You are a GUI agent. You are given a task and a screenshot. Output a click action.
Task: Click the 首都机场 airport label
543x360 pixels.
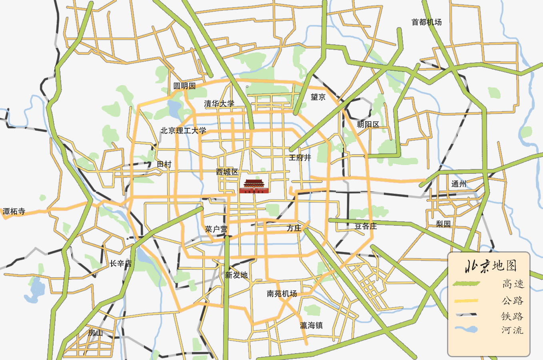point(426,22)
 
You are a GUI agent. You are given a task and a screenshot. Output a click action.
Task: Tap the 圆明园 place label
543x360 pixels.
point(184,86)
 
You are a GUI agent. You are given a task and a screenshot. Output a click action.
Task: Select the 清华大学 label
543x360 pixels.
point(219,104)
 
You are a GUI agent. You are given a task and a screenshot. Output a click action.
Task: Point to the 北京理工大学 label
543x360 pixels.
point(184,131)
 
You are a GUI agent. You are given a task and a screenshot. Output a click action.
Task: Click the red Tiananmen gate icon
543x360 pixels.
point(254,187)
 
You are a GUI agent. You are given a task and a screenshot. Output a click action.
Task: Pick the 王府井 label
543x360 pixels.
point(300,158)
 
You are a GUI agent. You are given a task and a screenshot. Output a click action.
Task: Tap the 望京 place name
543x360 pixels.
point(318,97)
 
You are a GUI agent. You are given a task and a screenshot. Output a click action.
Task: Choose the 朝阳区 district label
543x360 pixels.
point(368,124)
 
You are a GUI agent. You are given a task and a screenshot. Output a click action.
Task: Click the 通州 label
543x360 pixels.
point(459,184)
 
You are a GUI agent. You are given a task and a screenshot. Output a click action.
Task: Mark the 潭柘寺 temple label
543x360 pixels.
point(14,211)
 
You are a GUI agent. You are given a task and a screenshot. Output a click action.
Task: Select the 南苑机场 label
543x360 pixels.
point(282,294)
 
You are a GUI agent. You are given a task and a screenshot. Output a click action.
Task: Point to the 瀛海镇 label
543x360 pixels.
point(311,325)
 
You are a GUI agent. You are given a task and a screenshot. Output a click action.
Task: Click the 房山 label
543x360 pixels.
point(96,333)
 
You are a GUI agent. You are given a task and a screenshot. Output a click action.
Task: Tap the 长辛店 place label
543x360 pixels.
point(120,264)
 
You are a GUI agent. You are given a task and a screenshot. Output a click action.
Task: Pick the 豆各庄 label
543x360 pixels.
point(365,227)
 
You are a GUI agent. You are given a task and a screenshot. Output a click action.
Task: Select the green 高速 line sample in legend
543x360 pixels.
point(466,284)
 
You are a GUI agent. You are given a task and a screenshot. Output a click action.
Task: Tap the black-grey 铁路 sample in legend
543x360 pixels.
point(466,315)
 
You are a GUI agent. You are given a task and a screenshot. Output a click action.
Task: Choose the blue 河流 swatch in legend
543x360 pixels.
point(466,330)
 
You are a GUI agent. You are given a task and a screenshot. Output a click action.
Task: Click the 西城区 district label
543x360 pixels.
point(227,172)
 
